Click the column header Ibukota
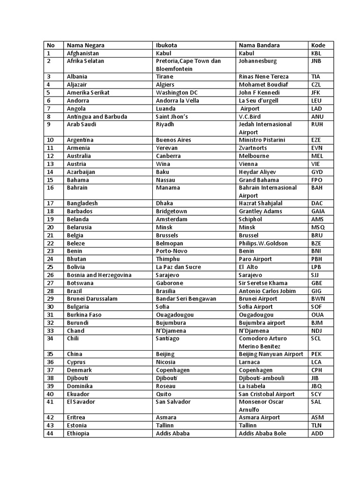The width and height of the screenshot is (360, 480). pos(167,45)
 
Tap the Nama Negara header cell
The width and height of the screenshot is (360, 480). pos(85,45)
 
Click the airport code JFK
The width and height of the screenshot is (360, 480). pos(316,92)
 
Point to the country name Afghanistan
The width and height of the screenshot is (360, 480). pos(83,53)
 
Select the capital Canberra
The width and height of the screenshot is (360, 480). pos(168,156)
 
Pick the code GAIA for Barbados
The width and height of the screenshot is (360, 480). pos(318,211)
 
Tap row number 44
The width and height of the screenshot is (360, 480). pos(49,434)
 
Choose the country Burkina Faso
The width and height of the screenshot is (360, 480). pos(84,315)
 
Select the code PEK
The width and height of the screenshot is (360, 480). pos(316,354)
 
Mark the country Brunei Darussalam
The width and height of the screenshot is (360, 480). pos(92,299)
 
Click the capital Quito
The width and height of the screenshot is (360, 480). pos(164,394)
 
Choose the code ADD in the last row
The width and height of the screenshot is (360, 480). pos(317,434)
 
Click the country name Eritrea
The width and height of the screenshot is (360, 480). pos(77,418)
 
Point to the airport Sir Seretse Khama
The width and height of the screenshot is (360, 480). pos(263,283)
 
